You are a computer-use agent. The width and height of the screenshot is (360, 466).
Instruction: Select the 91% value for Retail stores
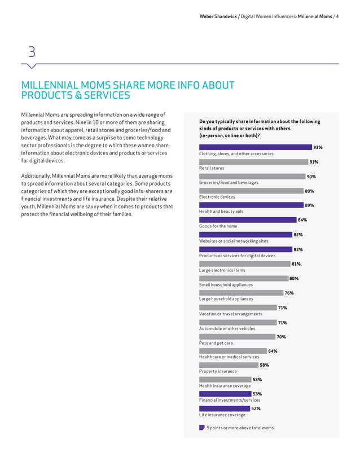(x=314, y=162)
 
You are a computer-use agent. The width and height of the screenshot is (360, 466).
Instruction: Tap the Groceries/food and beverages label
(x=229, y=183)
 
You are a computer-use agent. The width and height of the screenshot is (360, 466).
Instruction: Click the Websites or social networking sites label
(x=234, y=241)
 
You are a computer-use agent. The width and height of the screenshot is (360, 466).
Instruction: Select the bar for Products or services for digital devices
(x=246, y=249)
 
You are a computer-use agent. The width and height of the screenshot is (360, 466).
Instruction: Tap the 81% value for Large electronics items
(x=296, y=264)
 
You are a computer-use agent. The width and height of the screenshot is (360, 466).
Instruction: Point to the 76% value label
(x=289, y=293)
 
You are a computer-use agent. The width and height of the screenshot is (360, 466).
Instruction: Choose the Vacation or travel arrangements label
(x=230, y=314)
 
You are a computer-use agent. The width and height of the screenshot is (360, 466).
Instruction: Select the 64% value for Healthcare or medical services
(x=273, y=351)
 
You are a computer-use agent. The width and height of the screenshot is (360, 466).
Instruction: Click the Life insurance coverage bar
(x=224, y=408)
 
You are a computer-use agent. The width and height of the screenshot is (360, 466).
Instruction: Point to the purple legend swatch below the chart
(x=202, y=428)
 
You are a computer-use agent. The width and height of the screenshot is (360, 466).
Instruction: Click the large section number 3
(x=32, y=52)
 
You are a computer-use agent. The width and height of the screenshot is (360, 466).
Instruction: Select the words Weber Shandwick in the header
(x=217, y=16)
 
